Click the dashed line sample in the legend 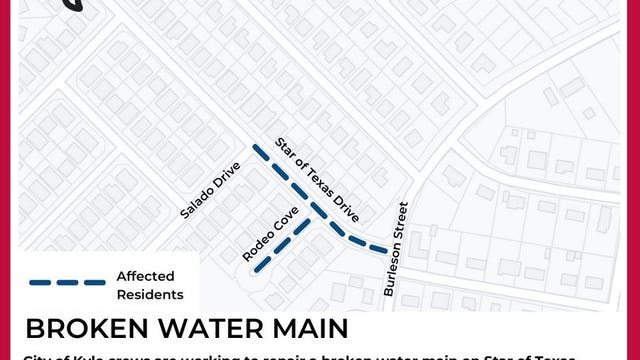pos(67,283)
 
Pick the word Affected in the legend pos(146,276)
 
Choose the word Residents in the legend pos(150,294)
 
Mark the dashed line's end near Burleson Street pos(385,250)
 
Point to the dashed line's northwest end pos(254,149)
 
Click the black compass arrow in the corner pos(73,5)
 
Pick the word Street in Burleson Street pos(401,225)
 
